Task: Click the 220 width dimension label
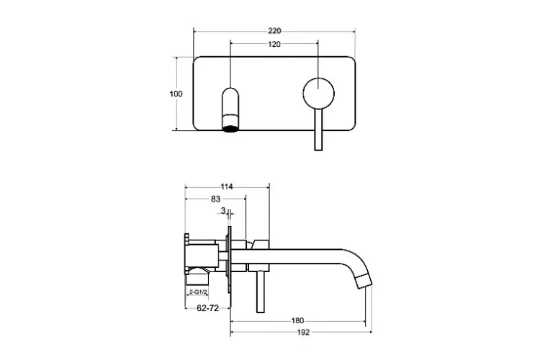(274, 31)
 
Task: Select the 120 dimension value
(274, 44)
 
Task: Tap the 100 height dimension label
(176, 94)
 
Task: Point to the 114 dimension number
(227, 186)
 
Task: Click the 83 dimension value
(215, 199)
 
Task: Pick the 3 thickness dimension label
(222, 210)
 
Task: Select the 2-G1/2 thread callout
(199, 292)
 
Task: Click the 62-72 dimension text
(207, 308)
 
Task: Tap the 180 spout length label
(297, 320)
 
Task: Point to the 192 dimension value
(303, 333)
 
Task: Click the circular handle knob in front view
(318, 94)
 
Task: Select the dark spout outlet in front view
(230, 129)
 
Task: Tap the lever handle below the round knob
(318, 130)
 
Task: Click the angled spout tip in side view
(364, 281)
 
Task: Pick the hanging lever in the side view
(261, 292)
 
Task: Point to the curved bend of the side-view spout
(354, 262)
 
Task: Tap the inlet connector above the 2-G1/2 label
(198, 279)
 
